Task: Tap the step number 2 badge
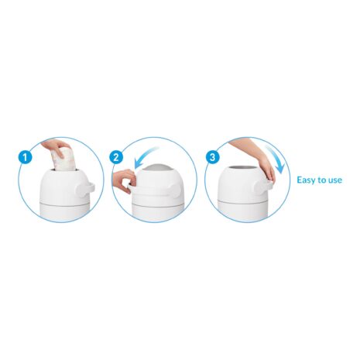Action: pos(116,157)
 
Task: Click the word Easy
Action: pos(307,180)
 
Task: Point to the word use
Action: pos(334,180)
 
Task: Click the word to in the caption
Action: pos(321,180)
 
